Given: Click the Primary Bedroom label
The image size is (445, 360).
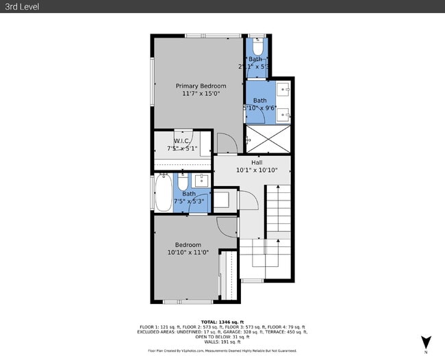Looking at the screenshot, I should click(x=201, y=86).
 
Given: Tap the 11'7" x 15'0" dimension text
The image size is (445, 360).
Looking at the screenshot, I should click(x=201, y=94).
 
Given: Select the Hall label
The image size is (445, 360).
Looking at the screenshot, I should click(x=256, y=162).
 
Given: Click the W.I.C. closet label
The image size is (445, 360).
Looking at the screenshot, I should click(x=181, y=140).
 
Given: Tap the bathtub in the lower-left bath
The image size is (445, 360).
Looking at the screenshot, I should click(x=164, y=194).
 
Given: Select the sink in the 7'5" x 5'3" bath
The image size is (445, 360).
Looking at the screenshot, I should click(x=202, y=181).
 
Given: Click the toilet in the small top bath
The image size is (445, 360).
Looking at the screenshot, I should click(x=257, y=47).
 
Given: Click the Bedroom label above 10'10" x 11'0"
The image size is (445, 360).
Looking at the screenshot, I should click(x=188, y=245).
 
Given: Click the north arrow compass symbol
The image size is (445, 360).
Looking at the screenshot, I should click(x=426, y=342).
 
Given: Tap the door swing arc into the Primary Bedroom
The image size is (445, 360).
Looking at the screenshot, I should click(x=226, y=144).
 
